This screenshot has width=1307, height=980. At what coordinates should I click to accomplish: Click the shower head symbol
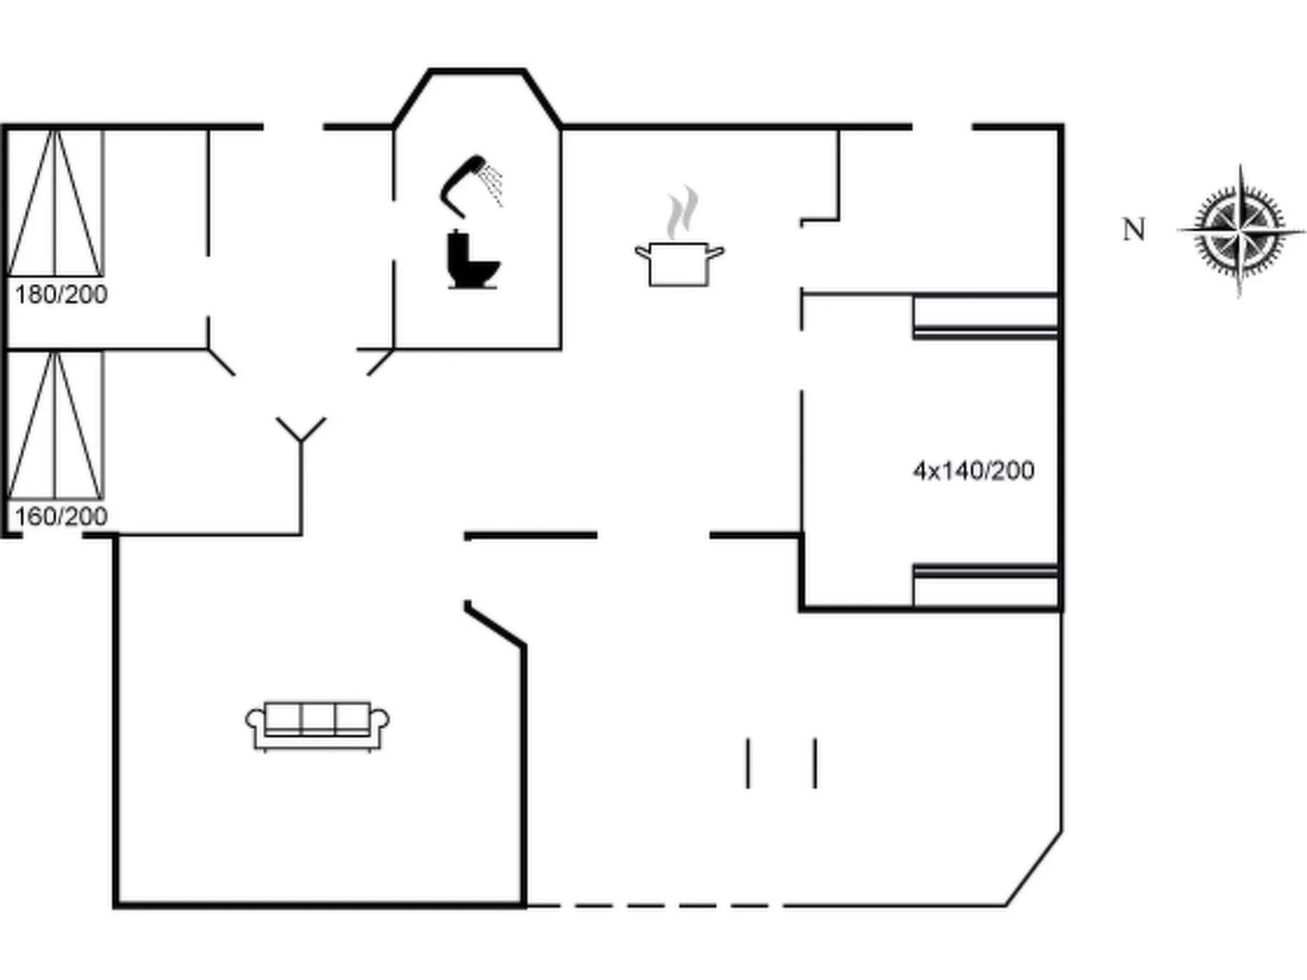[x=470, y=184]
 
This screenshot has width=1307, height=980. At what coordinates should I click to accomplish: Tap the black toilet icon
[x=471, y=260]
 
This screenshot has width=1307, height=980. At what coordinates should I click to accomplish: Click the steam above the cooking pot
[x=682, y=211]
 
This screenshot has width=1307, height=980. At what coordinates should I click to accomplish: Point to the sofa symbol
[x=317, y=725]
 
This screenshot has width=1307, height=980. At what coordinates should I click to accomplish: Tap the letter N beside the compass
[x=1134, y=230]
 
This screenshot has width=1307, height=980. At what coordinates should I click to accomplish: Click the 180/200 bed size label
[x=61, y=294]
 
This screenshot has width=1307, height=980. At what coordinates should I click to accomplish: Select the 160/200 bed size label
[x=61, y=516]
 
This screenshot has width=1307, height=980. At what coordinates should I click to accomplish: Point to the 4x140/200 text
[x=973, y=471]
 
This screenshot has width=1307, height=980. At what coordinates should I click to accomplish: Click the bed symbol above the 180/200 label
[x=55, y=203]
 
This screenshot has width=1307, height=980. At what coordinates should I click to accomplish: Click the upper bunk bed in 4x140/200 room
[x=985, y=316]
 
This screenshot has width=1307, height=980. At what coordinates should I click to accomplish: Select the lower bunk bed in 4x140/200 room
[x=985, y=585]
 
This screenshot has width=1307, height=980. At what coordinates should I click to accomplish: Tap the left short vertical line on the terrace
[x=748, y=763]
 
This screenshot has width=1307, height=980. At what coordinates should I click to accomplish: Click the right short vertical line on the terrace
[x=815, y=763]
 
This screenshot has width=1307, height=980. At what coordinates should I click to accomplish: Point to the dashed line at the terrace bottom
[x=651, y=904]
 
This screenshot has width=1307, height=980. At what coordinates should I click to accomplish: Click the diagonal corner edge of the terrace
[x=1034, y=868]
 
